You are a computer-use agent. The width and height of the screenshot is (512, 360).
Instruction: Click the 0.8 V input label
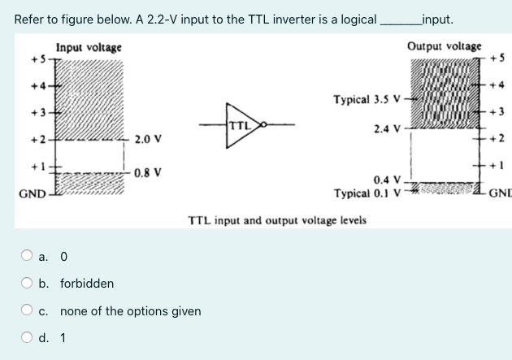tap(149, 172)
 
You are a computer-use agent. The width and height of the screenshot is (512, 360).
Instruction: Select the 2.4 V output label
tap(386, 128)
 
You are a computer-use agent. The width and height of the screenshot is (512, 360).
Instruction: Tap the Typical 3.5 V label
tap(367, 101)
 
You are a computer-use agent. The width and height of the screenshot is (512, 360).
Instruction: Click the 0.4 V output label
tap(387, 180)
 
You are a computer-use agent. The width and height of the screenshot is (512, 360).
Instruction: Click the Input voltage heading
tap(89, 48)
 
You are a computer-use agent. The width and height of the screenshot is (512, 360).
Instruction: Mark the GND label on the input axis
tap(31, 193)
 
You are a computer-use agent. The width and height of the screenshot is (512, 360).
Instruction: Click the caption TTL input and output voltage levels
tap(276, 220)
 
